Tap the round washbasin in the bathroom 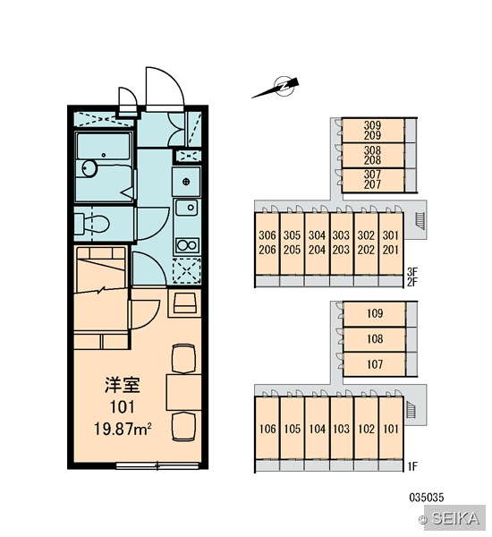(x=89, y=168)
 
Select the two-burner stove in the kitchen (x=187, y=245)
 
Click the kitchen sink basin (x=187, y=208)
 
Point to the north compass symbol (x=276, y=88)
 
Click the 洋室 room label (x=123, y=385)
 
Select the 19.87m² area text (x=123, y=429)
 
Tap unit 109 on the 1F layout (x=375, y=313)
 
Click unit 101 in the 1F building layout (x=391, y=428)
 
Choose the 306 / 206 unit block (x=267, y=243)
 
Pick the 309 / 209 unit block (x=372, y=131)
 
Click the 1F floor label (x=412, y=466)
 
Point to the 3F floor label (x=412, y=272)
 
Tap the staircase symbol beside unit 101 (x=411, y=410)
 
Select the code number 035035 (x=427, y=498)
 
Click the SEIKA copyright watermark (x=452, y=518)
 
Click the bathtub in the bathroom (x=104, y=146)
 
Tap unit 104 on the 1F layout (x=317, y=428)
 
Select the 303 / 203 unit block (x=342, y=243)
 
